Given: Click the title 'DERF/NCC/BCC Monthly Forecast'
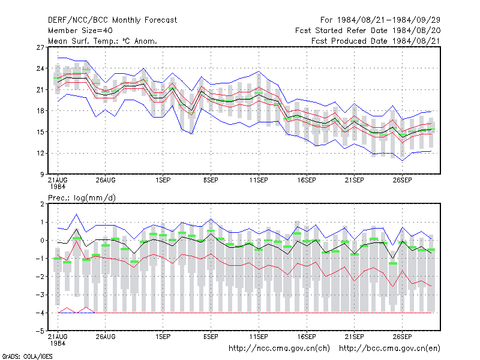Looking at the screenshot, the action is pos(112,20).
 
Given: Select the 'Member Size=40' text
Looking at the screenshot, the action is pos(80,31).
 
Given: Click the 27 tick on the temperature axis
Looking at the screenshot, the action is pos(40,47).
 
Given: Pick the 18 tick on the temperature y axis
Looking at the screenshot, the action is pos(40,111).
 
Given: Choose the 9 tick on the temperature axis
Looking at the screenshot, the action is pos(42,175).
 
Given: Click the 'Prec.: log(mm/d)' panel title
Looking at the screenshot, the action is pos(82,198).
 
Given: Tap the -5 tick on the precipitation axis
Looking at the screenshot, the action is pos(40,331).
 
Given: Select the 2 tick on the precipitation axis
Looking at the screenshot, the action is pos(42,204).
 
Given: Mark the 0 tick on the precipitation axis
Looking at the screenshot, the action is pos(42,241).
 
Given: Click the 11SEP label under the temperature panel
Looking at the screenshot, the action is pos(259,181).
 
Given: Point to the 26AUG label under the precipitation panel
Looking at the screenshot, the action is pos(106,337).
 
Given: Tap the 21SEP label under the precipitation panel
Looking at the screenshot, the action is pos(355,337).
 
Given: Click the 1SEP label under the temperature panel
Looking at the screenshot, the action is pos(163,181).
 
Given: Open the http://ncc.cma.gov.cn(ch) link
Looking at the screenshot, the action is pos(279,349).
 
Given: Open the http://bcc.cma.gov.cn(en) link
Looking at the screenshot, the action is pos(389,349).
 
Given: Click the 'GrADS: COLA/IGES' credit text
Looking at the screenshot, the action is pos(27,356).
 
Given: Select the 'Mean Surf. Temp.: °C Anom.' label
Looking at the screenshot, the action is pos(103,41).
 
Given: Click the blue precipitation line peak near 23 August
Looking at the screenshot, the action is pos(77,214).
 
